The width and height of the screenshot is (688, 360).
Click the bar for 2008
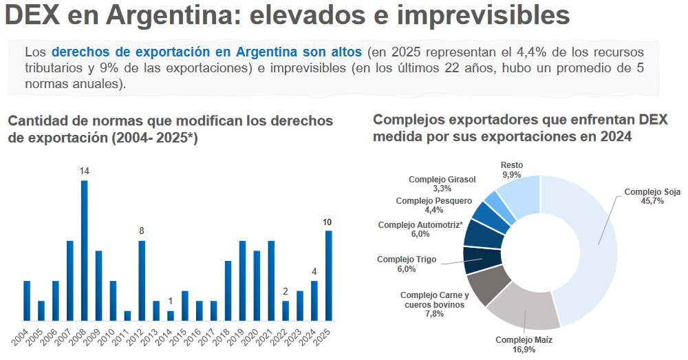pyautogui.click(x=84, y=251)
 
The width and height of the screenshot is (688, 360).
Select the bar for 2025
pyautogui.click(x=328, y=276)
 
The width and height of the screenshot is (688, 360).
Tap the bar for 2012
pyautogui.click(x=142, y=281)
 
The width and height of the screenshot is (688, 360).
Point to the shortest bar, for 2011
pyautogui.click(x=127, y=316)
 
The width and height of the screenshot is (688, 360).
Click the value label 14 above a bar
pyautogui.click(x=84, y=171)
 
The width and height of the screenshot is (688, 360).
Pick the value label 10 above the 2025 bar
pyautogui.click(x=327, y=222)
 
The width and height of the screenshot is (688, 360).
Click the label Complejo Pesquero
pyautogui.click(x=433, y=200)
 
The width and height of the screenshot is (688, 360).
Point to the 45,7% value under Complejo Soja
pyautogui.click(x=652, y=202)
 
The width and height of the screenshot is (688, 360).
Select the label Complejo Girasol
pyautogui.click(x=442, y=179)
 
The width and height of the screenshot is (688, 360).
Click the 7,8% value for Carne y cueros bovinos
pyautogui.click(x=434, y=314)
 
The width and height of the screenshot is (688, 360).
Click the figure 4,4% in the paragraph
pyautogui.click(x=531, y=52)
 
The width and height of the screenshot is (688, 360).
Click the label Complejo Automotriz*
pyautogui.click(x=420, y=225)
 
